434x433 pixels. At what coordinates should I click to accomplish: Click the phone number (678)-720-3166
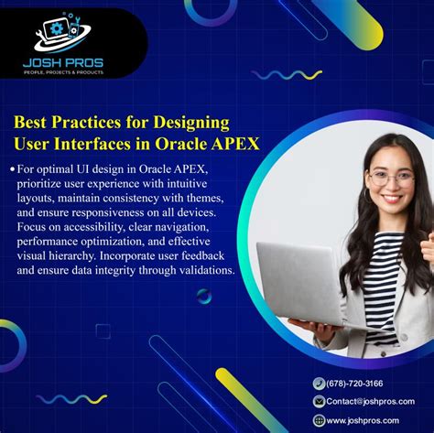[355, 384]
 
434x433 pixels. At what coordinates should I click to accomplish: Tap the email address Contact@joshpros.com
[370, 401]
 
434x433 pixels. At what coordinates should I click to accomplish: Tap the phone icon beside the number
[319, 384]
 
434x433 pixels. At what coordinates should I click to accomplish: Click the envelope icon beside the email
[319, 401]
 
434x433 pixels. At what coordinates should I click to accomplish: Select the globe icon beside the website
[319, 420]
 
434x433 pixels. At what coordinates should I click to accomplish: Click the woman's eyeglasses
[391, 178]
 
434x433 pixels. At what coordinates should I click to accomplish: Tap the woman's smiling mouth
[391, 198]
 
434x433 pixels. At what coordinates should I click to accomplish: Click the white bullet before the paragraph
[13, 169]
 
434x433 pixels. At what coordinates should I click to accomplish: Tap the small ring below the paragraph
[204, 296]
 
